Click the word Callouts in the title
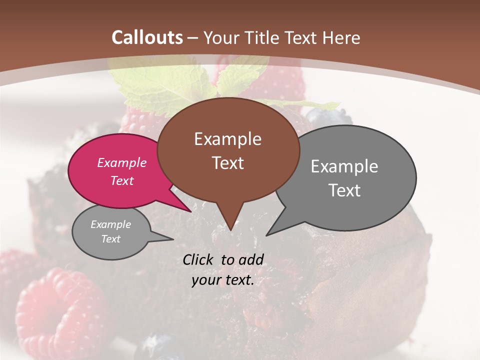pos(147,37)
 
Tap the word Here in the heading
pos(341,37)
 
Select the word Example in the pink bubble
pos(122,162)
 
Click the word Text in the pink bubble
pos(122,180)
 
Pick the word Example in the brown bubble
pos(227,139)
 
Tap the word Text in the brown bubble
pos(227,163)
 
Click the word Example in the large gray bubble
pos(344,166)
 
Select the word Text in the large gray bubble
pos(344,190)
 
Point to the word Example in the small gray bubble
pos(111,224)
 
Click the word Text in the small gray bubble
pos(111,239)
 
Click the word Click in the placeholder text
pos(199,259)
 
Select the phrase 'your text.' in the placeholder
pos(223,280)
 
